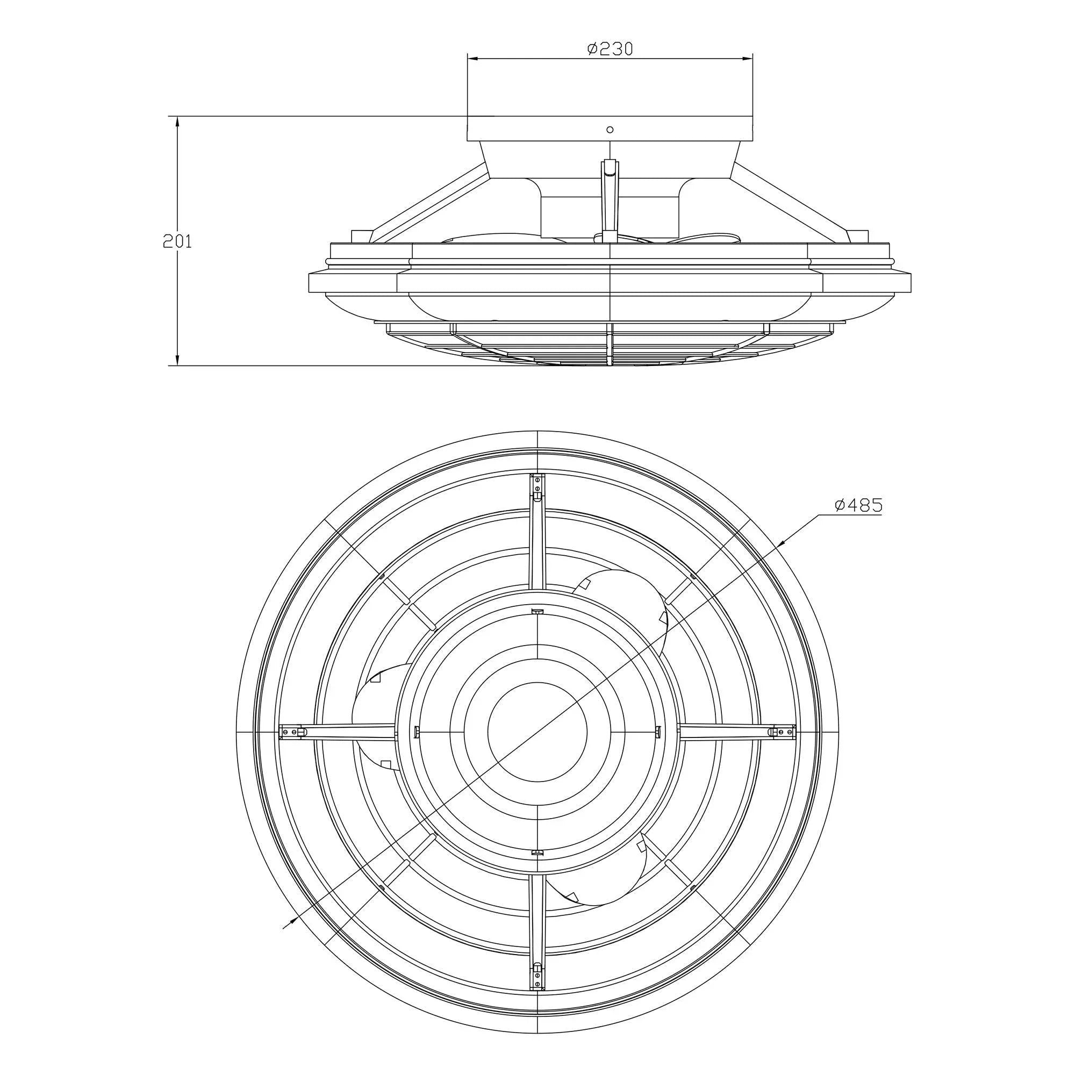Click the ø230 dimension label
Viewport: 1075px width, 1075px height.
click(610, 49)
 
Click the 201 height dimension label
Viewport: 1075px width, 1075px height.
click(177, 241)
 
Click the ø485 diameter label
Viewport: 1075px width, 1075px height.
click(858, 505)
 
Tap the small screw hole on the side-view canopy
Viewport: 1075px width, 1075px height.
click(610, 130)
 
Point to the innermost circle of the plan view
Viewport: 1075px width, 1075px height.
click(537, 731)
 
